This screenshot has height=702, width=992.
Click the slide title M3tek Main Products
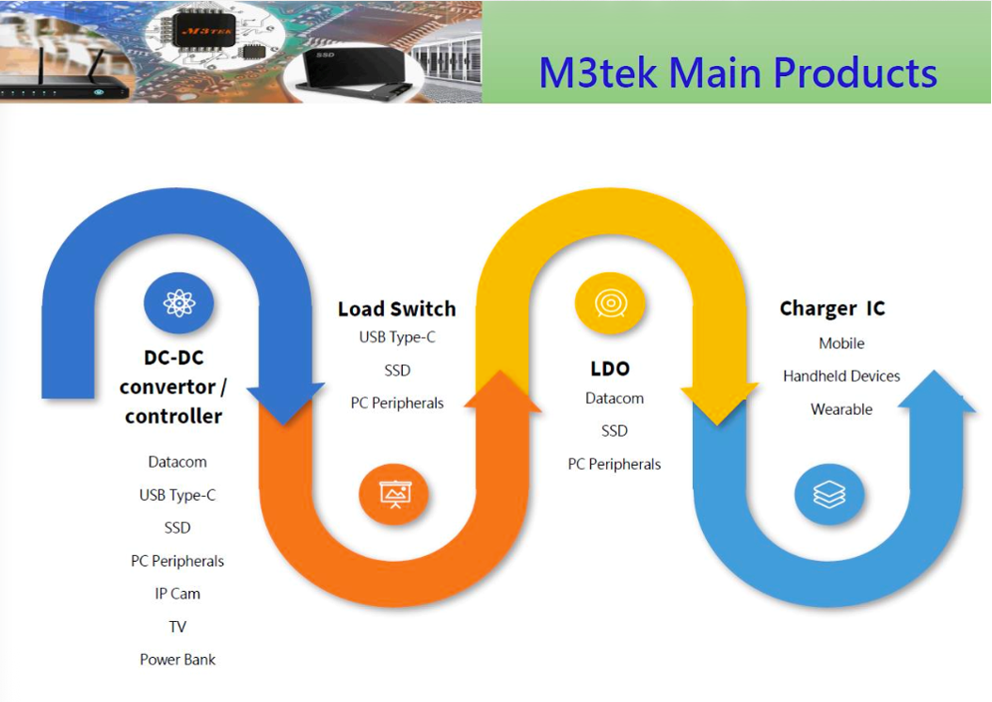738,72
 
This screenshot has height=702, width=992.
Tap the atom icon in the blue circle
179,303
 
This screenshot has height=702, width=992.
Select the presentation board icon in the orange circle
394,493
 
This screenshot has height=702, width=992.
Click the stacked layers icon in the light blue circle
829,493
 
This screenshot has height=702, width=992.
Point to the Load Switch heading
396,309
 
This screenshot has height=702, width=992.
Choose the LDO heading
610,368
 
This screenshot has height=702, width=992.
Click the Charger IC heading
832,309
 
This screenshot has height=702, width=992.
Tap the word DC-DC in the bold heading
174,358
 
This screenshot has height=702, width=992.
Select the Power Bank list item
178,660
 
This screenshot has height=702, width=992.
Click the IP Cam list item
178,594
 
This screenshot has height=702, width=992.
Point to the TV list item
178,627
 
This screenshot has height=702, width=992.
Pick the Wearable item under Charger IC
841,409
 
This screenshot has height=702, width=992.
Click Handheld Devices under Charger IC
841,376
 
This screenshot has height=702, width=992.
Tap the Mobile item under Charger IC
841,343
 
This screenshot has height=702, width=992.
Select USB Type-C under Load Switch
397,337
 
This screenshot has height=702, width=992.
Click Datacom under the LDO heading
615,398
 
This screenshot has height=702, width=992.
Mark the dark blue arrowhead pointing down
284,402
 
